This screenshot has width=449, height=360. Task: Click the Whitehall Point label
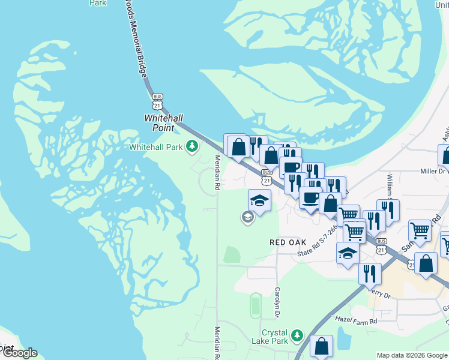[159, 123]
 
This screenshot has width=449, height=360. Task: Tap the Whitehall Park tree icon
[192, 146]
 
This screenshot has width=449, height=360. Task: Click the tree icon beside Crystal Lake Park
[296, 334]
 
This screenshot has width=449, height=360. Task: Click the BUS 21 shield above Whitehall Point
[157, 101]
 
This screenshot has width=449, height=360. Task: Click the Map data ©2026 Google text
[412, 355]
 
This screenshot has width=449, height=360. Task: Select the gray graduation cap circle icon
[247, 217]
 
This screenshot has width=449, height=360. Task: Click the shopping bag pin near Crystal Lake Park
[322, 346]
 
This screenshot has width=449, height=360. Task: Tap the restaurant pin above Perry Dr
[370, 273]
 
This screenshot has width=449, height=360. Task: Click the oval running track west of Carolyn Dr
[255, 306]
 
